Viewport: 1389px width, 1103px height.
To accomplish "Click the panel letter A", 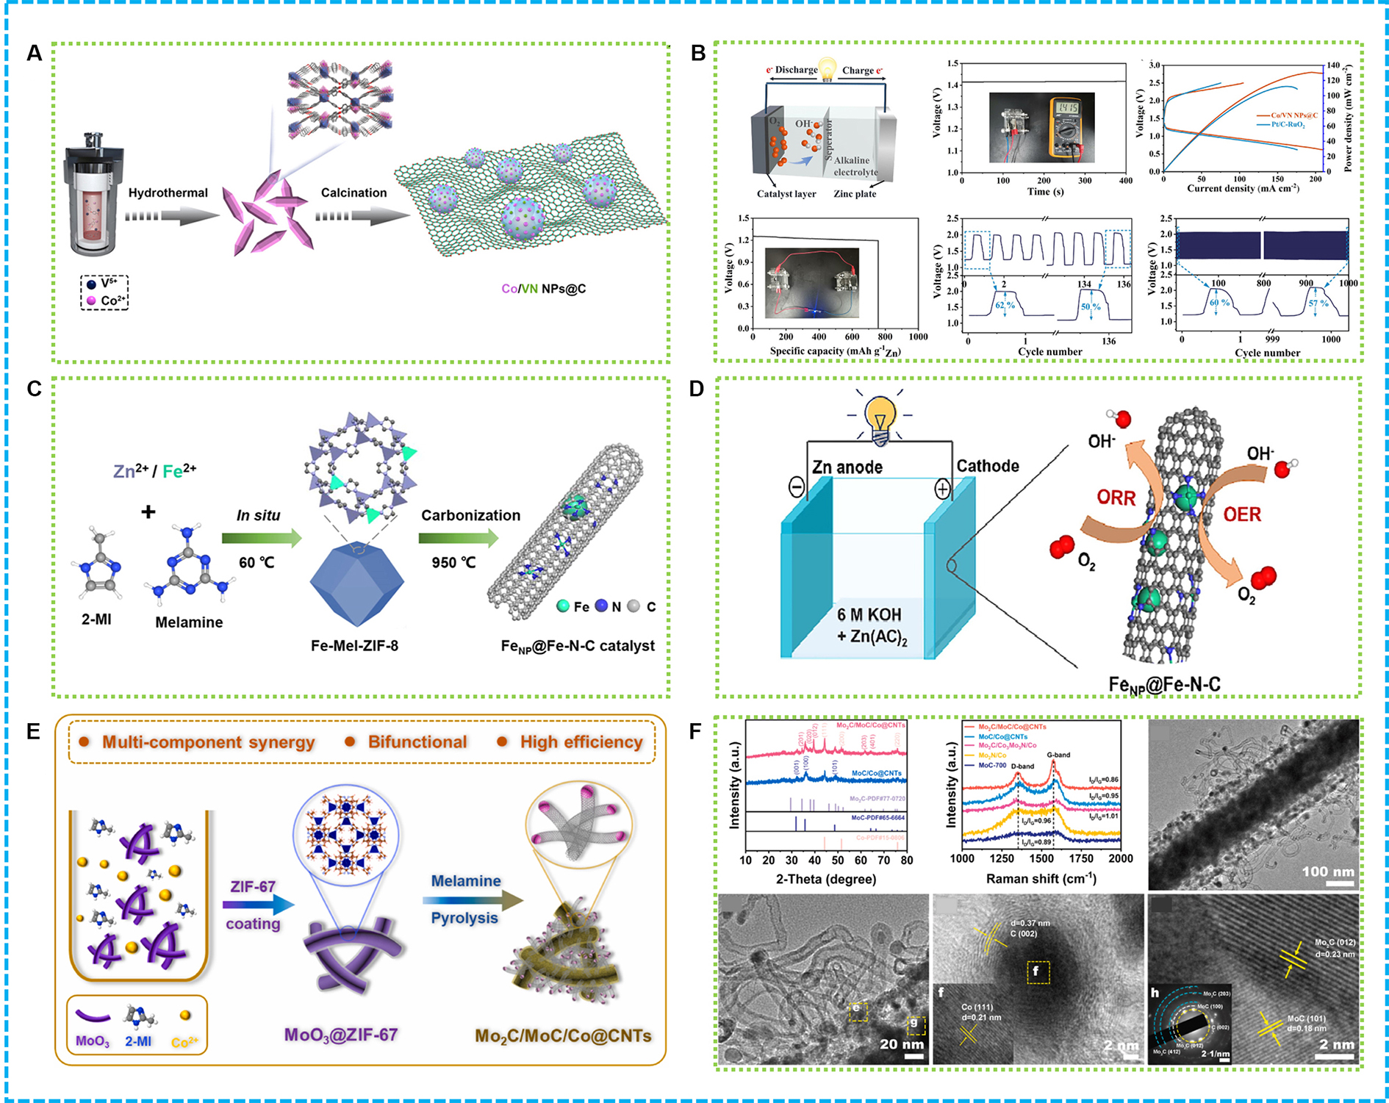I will point(34,54).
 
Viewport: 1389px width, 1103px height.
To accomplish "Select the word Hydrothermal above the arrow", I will point(168,193).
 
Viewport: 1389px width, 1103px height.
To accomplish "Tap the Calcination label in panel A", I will point(353,193).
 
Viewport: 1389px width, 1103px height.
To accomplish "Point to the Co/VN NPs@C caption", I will point(543,289).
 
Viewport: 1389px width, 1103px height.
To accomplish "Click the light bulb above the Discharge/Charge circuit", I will point(828,68).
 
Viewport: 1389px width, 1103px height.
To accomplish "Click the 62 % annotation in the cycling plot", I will point(1005,305).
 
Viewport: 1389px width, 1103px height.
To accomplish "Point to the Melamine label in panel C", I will point(189,622).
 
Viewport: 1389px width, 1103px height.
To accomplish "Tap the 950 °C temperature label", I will point(453,563).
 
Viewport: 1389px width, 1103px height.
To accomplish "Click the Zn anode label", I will point(847,467).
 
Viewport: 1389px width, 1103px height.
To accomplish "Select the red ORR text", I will point(1116,498).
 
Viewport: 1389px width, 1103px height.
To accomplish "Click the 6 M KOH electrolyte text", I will point(869,615).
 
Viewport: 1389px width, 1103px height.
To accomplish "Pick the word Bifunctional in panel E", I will point(417,742).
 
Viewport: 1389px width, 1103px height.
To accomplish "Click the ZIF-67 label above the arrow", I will point(252,887).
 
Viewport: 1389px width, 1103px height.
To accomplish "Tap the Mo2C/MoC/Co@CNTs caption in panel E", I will point(563,1036).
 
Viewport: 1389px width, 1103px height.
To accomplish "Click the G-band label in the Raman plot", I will point(1058,755).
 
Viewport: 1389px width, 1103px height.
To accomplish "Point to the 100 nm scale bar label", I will point(1327,872).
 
